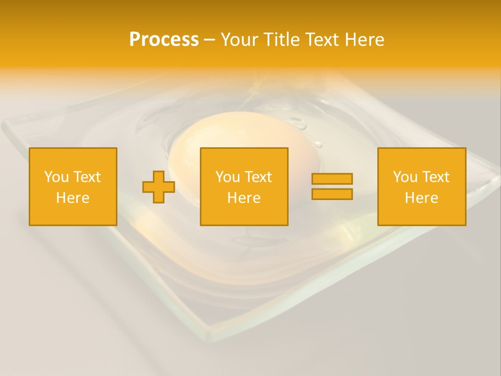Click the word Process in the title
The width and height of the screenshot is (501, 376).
[164, 40]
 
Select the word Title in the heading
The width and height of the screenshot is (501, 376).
[280, 40]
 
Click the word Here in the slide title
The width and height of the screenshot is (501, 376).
[365, 40]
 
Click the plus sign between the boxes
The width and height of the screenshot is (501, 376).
[159, 186]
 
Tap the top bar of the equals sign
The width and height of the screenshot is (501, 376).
[332, 179]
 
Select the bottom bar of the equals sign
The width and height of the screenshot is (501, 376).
[332, 194]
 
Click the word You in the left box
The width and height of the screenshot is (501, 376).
[56, 177]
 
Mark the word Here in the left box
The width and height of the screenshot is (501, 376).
[73, 198]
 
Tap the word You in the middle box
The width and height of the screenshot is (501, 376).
[228, 177]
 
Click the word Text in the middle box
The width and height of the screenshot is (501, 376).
[257, 177]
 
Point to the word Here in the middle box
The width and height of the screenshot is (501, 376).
[244, 198]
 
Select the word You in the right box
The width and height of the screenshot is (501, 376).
[405, 177]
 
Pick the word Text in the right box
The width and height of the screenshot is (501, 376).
[435, 177]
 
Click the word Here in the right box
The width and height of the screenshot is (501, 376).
[421, 198]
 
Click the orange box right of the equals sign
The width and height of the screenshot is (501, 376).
[421, 214]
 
